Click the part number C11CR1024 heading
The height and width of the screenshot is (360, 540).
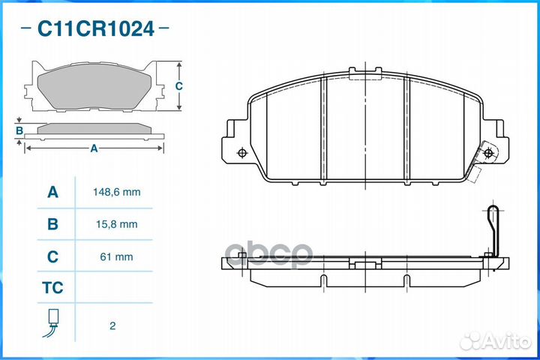tap(95, 28)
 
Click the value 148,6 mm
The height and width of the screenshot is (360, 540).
tap(117, 192)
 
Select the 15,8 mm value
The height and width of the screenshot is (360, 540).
tap(117, 224)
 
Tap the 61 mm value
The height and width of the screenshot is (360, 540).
tap(116, 256)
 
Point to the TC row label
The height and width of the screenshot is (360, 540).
tap(52, 288)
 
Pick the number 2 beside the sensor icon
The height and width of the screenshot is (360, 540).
tap(112, 325)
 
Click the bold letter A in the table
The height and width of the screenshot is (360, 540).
tap(52, 192)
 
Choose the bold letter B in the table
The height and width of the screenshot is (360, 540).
tap(52, 224)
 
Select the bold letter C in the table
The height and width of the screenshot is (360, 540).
tap(52, 256)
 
